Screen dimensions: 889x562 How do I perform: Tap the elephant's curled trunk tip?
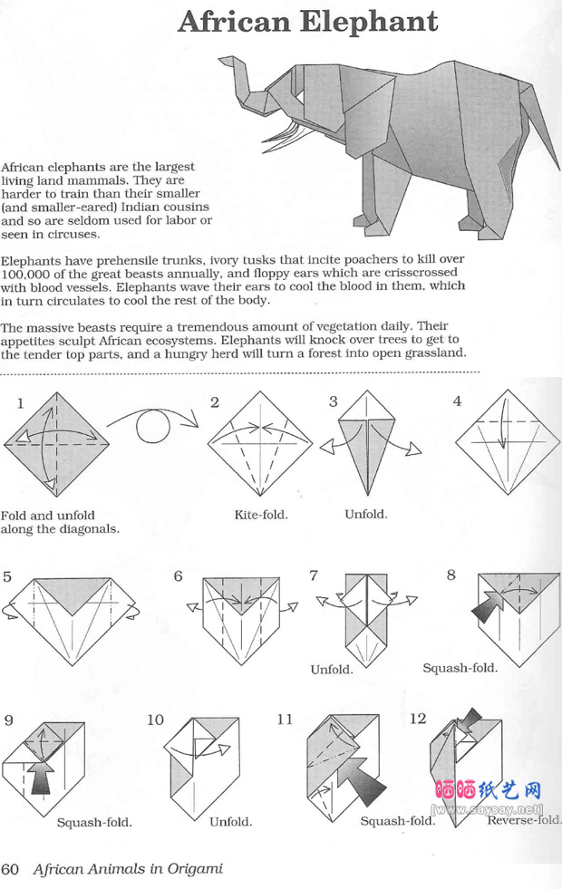(224, 62)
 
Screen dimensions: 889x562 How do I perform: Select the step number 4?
(458, 401)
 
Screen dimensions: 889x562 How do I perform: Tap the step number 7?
(315, 575)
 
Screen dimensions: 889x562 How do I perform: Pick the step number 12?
(418, 719)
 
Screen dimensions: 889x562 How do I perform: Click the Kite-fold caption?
(261, 515)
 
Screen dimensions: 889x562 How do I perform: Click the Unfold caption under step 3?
(365, 514)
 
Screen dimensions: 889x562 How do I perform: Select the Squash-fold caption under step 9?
(94, 823)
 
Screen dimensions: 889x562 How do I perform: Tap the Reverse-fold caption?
(524, 821)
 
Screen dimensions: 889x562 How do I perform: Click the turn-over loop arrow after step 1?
(153, 422)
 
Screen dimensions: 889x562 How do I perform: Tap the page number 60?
(10, 869)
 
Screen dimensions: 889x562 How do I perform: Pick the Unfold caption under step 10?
(230, 822)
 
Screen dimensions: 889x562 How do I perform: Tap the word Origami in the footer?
(192, 869)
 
